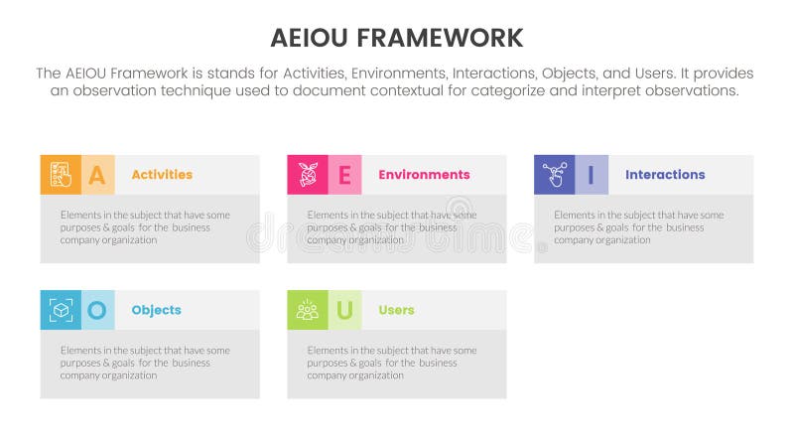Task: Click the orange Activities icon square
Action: (x=61, y=175)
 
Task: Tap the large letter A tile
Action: (x=97, y=175)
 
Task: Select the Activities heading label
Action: (x=162, y=175)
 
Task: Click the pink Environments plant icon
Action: (x=308, y=175)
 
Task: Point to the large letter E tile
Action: (x=344, y=175)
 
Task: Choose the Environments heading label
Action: (x=424, y=175)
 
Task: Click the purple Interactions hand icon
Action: (x=554, y=175)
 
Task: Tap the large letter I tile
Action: (x=592, y=175)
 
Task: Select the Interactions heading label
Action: (x=665, y=175)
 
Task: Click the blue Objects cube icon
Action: (x=61, y=310)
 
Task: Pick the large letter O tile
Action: (x=97, y=310)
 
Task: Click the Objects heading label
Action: (x=156, y=310)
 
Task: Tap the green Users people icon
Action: (x=308, y=310)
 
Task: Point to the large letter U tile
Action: (x=344, y=310)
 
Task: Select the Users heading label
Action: (x=396, y=310)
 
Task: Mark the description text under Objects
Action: (x=145, y=363)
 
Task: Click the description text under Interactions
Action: (x=638, y=227)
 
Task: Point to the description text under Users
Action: (x=392, y=363)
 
